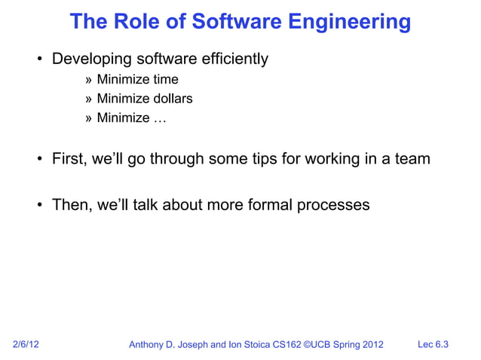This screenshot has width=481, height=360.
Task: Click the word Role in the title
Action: click(134, 22)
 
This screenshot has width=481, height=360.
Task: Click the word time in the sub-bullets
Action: click(166, 79)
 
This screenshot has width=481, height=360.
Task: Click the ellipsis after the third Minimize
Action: click(161, 118)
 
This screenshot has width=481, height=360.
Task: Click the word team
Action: click(412, 159)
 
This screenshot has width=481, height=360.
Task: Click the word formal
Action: click(269, 205)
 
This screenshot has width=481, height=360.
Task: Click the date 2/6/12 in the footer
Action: click(26, 345)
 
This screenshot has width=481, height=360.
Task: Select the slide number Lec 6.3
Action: click(433, 345)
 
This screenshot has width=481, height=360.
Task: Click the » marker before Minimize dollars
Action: click(89, 99)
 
